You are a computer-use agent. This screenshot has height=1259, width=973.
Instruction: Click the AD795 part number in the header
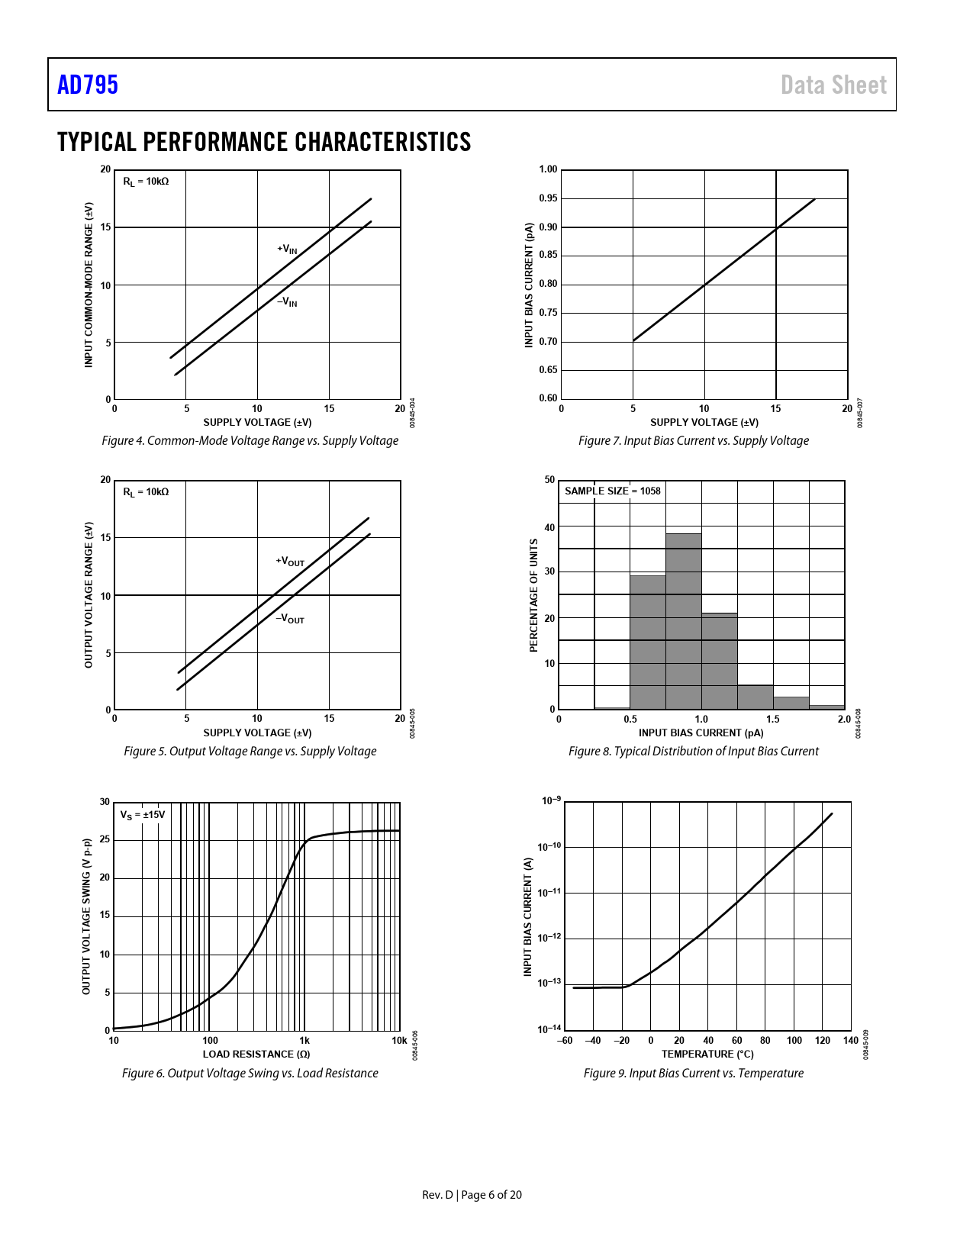[88, 85]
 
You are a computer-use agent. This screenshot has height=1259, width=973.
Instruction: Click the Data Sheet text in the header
[833, 85]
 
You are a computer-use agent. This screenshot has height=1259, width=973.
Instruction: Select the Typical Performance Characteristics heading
[264, 142]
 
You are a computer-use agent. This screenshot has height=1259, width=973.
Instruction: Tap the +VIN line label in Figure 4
[287, 250]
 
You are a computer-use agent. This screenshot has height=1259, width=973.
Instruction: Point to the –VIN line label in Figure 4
[287, 302]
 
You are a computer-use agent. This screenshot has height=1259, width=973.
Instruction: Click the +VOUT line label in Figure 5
[290, 562]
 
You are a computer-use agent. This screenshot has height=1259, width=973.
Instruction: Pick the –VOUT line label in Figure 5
[290, 619]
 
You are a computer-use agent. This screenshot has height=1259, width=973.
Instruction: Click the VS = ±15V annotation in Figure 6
[142, 815]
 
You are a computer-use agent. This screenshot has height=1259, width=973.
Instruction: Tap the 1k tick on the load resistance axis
[304, 1040]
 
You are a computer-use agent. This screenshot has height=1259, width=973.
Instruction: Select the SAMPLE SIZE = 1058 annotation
[612, 491]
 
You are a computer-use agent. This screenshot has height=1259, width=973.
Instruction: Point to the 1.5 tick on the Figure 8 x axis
[773, 719]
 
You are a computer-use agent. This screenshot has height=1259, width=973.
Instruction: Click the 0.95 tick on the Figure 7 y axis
[548, 198]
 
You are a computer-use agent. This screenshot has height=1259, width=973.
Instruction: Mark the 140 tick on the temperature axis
[850, 1040]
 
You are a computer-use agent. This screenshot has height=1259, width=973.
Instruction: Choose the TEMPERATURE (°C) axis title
[707, 1054]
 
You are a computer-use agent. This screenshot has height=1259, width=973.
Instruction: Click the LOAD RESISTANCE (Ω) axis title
[256, 1054]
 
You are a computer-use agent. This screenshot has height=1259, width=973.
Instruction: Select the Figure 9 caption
[693, 1073]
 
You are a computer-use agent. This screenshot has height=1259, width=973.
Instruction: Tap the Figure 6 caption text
[250, 1073]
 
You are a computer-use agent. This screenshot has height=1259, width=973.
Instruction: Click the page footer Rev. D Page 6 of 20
[472, 1194]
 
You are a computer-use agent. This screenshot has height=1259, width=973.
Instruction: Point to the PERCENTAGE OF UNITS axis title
[534, 595]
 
